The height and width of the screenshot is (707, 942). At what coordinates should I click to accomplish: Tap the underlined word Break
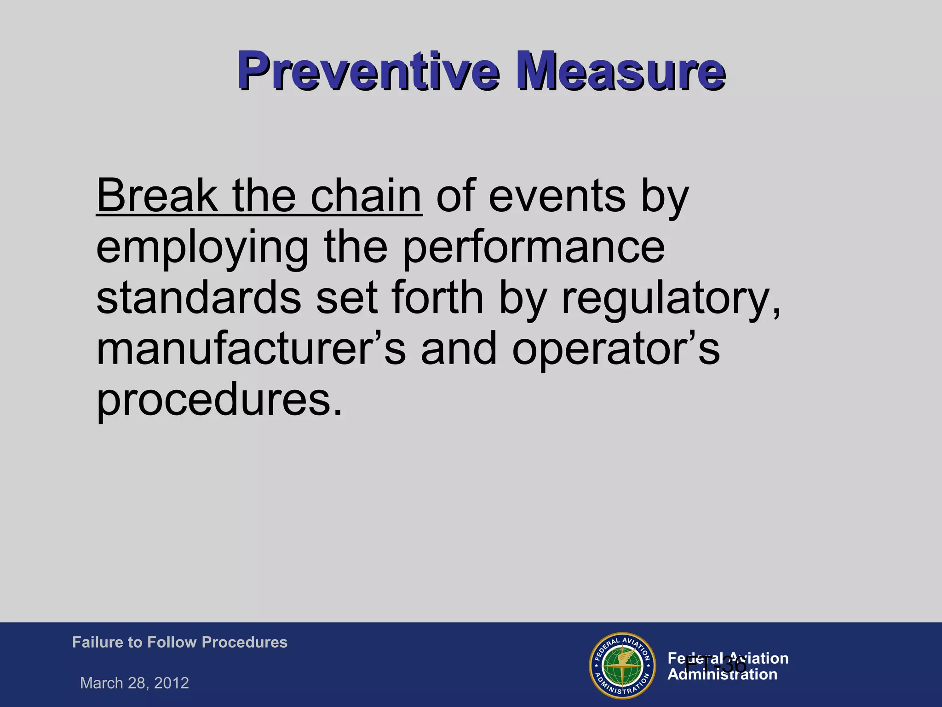pyautogui.click(x=157, y=196)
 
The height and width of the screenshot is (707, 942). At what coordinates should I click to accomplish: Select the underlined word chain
pyautogui.click(x=366, y=196)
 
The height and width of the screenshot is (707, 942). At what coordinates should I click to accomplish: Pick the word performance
pyautogui.click(x=534, y=247)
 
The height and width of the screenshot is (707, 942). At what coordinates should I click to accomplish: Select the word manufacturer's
pyautogui.click(x=251, y=348)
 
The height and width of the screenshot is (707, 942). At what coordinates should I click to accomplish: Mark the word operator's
pyautogui.click(x=616, y=349)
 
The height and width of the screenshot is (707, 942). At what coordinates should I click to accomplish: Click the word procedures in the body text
pyautogui.click(x=219, y=399)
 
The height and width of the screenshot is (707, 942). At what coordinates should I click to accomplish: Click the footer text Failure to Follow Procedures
pyautogui.click(x=180, y=642)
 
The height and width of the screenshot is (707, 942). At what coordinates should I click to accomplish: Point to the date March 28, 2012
pyautogui.click(x=134, y=683)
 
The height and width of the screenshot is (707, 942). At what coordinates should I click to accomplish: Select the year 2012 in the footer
pyautogui.click(x=172, y=683)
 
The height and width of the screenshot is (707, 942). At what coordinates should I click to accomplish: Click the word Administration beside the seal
pyautogui.click(x=722, y=675)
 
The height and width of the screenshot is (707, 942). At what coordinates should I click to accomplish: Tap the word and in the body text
pyautogui.click(x=459, y=348)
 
